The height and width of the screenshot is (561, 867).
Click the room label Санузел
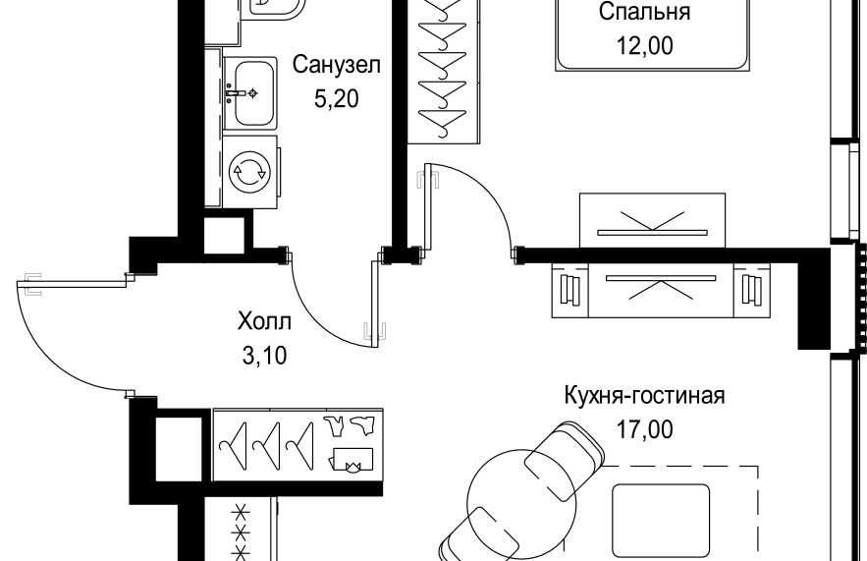coord(336,65)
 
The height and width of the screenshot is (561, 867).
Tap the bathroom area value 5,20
coord(336,98)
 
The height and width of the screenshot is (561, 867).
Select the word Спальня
coord(645,12)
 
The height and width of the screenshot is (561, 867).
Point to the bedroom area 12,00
coord(645,45)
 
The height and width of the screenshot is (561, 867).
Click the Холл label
coord(264,321)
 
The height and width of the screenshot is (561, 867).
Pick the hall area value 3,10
coord(264,356)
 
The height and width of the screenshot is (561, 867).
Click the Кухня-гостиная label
coord(645,396)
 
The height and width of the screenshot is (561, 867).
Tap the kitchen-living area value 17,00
coord(645,429)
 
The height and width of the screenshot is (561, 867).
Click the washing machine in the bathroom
coord(250,172)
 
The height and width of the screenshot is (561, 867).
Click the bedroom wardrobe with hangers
coord(445,72)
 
